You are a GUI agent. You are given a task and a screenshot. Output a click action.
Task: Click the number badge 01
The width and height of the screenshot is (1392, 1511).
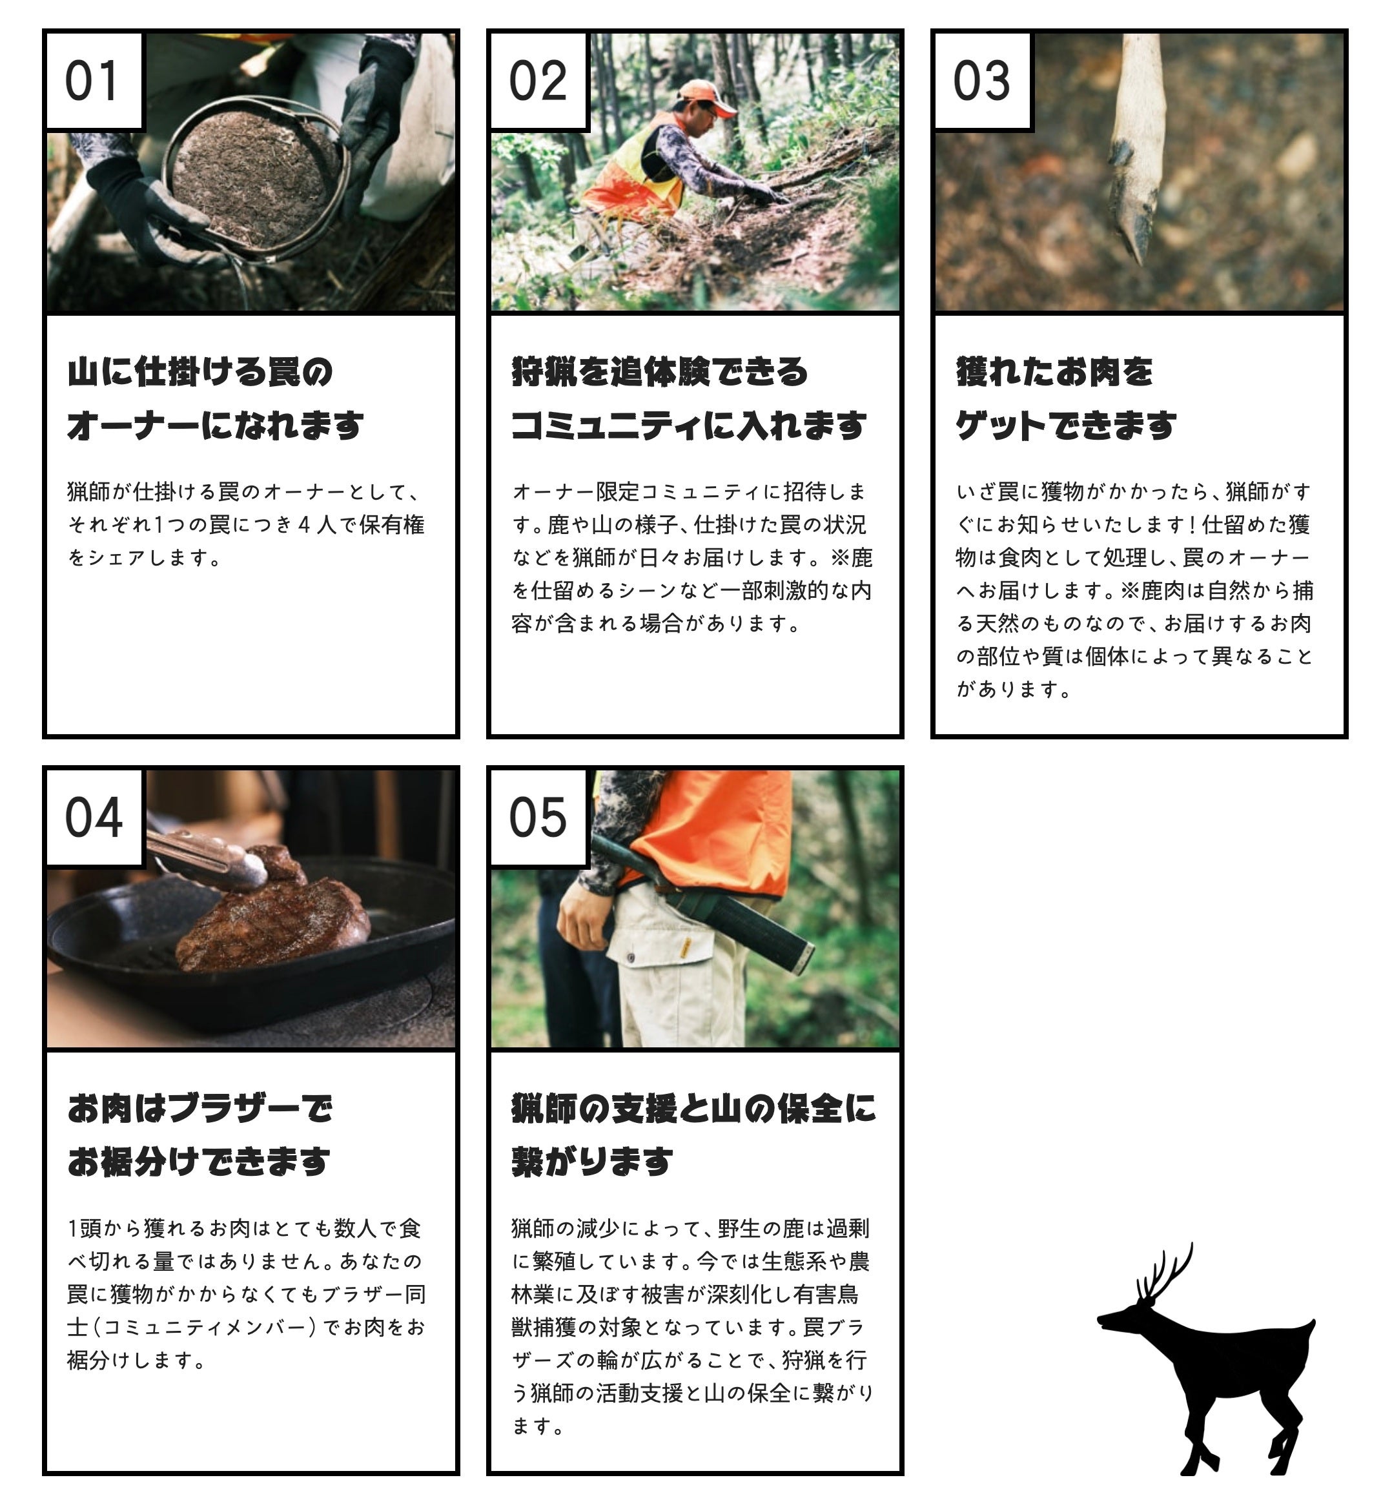pos(94,81)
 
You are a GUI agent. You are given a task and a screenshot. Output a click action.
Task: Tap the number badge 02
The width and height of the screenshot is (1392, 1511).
pos(538,81)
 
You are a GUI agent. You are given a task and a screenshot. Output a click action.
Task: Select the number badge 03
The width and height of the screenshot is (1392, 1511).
pos(983,81)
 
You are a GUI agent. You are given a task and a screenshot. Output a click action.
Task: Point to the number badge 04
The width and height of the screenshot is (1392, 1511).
pos(94,817)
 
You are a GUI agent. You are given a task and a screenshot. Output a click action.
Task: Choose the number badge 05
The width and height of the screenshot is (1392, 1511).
pos(538,817)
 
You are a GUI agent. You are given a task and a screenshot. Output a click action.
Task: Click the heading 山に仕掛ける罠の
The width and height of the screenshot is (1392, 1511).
pos(200,372)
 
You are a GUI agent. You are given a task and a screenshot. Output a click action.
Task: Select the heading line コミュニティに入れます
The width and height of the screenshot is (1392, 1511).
pos(688,426)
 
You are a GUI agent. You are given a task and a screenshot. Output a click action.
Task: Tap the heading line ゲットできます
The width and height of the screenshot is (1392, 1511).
pos(1066,426)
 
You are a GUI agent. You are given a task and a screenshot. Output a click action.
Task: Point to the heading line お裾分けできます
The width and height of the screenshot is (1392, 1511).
pos(199,1162)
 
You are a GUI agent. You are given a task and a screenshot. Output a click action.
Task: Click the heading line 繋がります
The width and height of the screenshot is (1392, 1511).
pos(592,1162)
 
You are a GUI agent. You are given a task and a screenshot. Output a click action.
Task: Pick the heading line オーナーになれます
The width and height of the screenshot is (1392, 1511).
pos(216,426)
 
